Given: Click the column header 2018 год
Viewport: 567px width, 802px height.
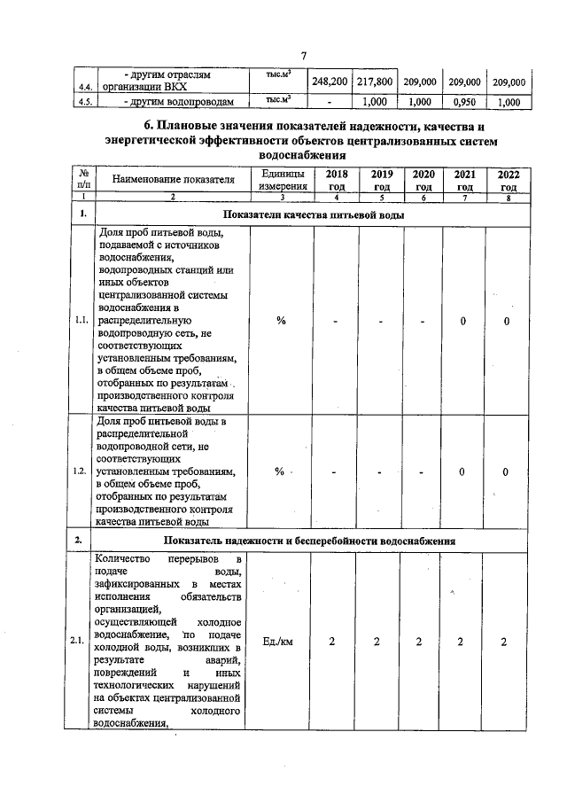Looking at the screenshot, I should (x=336, y=180).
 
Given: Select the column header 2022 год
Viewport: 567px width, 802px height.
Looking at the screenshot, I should (x=508, y=180).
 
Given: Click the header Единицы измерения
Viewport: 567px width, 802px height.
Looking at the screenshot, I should (x=281, y=180).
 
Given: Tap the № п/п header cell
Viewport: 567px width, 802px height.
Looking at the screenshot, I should (x=82, y=180).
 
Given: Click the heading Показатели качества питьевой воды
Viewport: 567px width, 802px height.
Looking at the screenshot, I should (x=315, y=215).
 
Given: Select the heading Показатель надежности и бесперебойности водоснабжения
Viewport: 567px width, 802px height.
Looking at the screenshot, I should (x=315, y=540).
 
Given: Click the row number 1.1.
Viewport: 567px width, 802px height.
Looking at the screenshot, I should (x=82, y=321).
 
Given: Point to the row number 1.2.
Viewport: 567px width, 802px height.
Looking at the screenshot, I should (x=82, y=472).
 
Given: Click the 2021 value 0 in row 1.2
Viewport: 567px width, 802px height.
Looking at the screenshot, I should (x=462, y=472).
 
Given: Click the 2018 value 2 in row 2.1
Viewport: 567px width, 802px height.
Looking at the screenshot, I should (x=334, y=640).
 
